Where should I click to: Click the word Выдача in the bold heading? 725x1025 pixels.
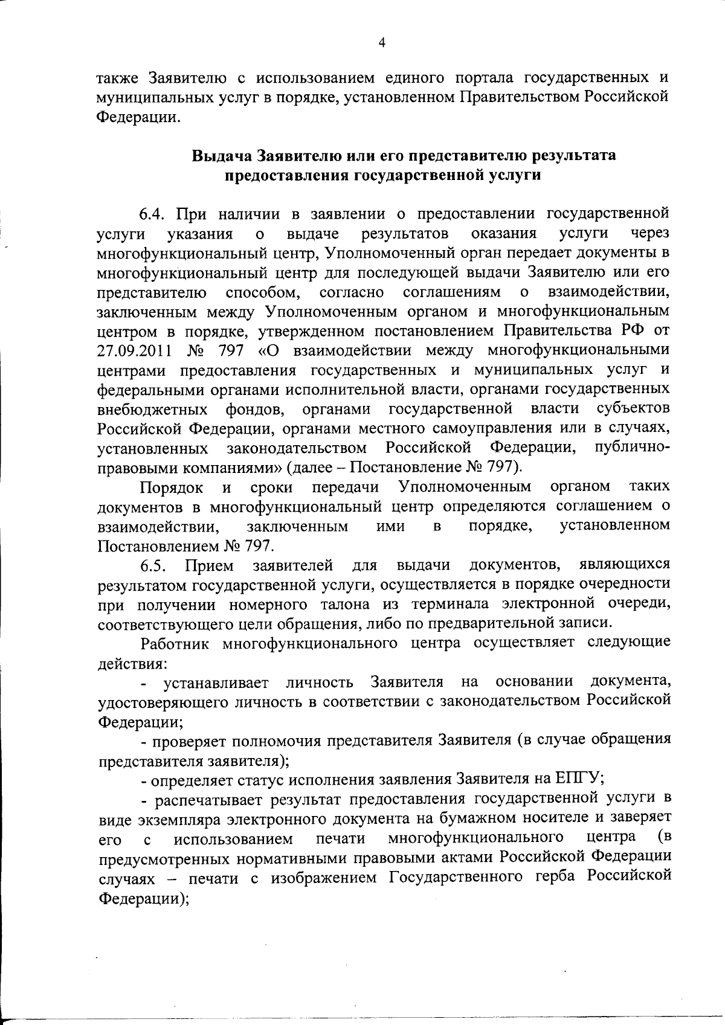tap(221, 155)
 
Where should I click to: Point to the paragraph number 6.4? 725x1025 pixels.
tap(156, 213)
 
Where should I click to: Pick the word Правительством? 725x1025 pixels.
tap(520, 97)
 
